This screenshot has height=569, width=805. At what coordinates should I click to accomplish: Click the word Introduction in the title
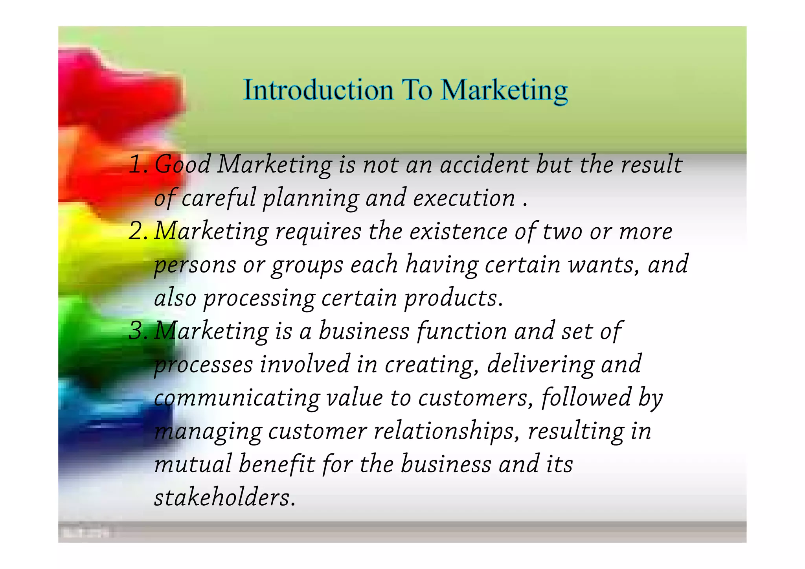pyautogui.click(x=318, y=90)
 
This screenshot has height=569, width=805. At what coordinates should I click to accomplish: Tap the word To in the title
pyautogui.click(x=417, y=90)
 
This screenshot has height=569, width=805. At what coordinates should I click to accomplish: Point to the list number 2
pyautogui.click(x=137, y=231)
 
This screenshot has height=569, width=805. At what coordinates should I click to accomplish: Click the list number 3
pyautogui.click(x=137, y=331)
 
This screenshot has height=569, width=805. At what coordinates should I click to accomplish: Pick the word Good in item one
pyautogui.click(x=183, y=164)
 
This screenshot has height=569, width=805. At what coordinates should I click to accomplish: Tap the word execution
pyautogui.click(x=464, y=198)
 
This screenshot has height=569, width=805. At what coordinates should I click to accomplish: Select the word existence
pyautogui.click(x=458, y=231)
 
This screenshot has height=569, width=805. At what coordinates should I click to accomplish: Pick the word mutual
pyautogui.click(x=193, y=464)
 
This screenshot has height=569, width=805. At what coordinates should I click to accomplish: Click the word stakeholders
pyautogui.click(x=224, y=497)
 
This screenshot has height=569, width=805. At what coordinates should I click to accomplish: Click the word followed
pyautogui.click(x=586, y=398)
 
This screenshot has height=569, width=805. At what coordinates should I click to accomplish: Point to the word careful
pyautogui.click(x=219, y=198)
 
